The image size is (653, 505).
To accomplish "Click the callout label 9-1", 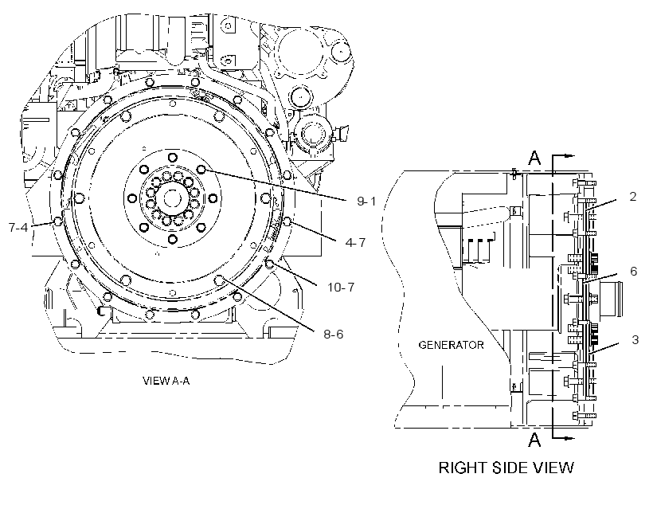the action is (x=366, y=202).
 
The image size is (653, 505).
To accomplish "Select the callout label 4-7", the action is (x=355, y=242).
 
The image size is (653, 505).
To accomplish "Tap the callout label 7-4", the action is (x=18, y=228).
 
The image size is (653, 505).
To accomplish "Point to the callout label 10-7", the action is (x=341, y=287).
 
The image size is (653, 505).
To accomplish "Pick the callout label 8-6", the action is (x=334, y=335).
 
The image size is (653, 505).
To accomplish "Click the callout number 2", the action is (x=633, y=196).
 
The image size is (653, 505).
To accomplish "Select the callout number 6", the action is (x=633, y=272).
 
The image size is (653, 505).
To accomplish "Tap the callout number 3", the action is (x=635, y=339).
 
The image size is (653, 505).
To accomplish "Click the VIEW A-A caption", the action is (x=166, y=381).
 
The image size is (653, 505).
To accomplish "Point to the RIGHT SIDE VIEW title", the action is (x=506, y=467).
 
